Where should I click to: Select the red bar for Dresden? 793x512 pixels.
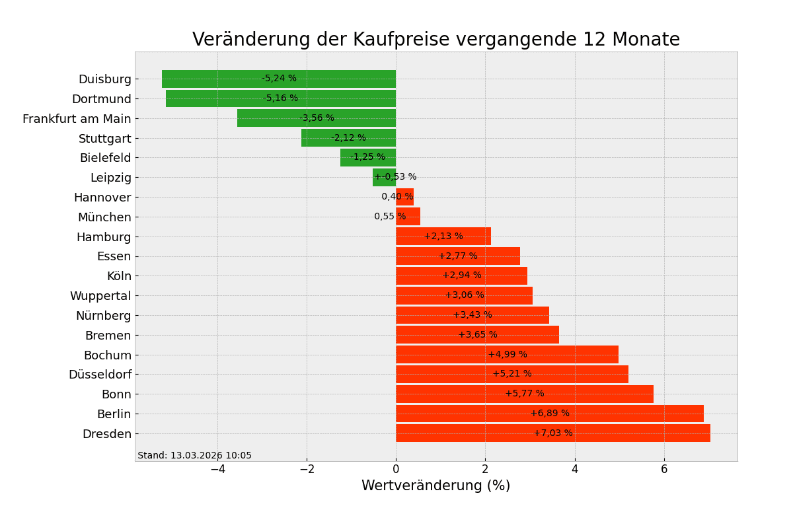click(463, 433)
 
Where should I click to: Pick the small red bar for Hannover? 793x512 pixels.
click(404, 197)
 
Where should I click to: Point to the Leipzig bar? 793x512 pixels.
click(384, 177)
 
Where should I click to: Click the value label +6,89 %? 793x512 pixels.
click(550, 414)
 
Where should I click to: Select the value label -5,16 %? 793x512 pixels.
click(280, 98)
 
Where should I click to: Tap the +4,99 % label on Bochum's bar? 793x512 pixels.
click(508, 355)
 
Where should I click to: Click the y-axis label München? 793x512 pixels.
click(104, 217)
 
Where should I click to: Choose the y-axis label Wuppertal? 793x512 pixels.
click(100, 296)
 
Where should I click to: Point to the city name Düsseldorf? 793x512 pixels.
click(100, 375)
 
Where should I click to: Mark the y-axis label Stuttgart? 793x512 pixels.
click(105, 139)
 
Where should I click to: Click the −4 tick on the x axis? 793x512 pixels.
click(217, 469)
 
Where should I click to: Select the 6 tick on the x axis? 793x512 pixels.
click(664, 469)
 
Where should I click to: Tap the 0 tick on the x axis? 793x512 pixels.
click(396, 469)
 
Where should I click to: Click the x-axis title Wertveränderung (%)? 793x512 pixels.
click(435, 486)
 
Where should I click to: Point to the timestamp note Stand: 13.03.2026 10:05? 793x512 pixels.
click(194, 456)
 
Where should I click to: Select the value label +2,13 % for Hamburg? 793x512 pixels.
click(443, 237)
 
